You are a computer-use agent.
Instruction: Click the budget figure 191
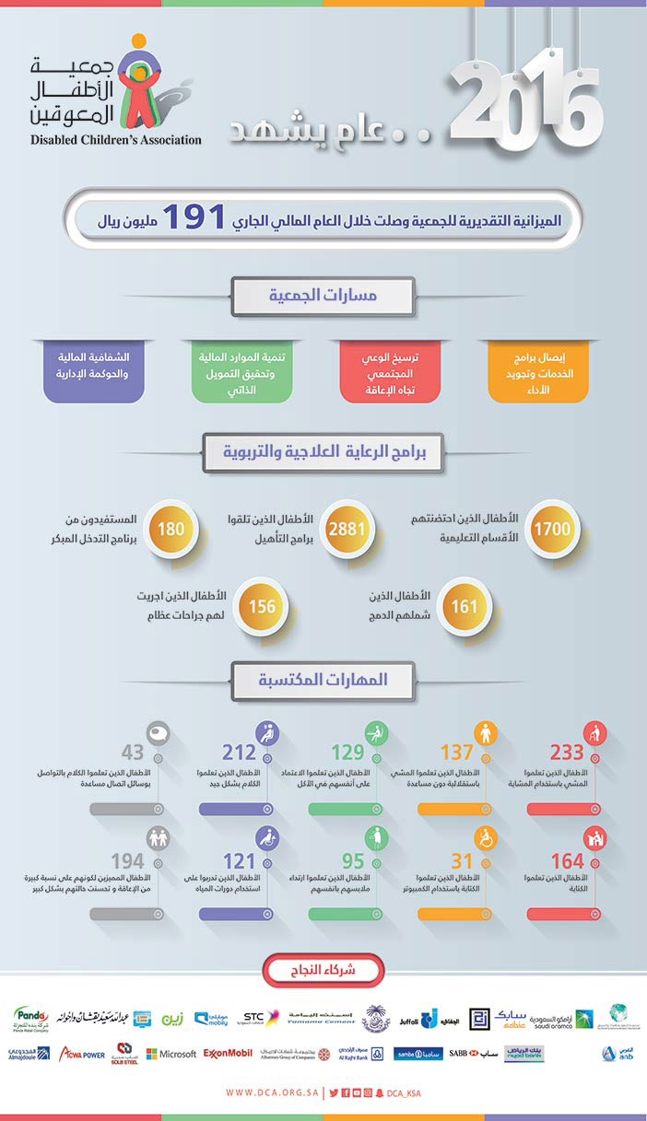195,219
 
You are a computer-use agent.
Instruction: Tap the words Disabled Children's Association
116,140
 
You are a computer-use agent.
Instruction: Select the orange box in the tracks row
537,370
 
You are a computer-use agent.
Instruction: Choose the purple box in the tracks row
94,370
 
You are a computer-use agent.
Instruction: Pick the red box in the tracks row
390,370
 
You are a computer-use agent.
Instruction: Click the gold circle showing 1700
554,529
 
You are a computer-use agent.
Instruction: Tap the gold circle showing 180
171,529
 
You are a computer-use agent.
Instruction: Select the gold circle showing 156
263,607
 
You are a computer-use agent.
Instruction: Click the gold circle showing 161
465,607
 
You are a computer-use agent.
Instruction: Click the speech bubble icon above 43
159,732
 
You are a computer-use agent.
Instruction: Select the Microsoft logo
171,1053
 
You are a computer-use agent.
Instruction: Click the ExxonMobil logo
228,1053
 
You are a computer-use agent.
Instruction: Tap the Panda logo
31,1017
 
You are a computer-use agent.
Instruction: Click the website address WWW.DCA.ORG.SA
272,1093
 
